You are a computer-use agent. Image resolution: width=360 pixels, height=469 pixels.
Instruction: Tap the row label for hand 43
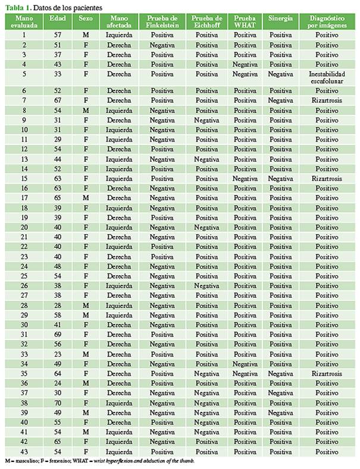[x=24, y=452]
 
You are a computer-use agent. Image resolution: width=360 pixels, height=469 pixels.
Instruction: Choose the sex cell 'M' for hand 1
[x=86, y=35]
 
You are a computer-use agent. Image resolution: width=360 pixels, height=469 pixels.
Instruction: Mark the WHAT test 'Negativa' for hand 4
[x=244, y=64]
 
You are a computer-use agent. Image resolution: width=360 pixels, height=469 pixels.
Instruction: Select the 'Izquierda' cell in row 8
[x=120, y=111]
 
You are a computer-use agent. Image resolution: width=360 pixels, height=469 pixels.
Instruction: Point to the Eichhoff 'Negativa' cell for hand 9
[x=206, y=120]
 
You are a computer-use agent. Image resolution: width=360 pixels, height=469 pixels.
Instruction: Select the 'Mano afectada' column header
[x=120, y=22]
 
